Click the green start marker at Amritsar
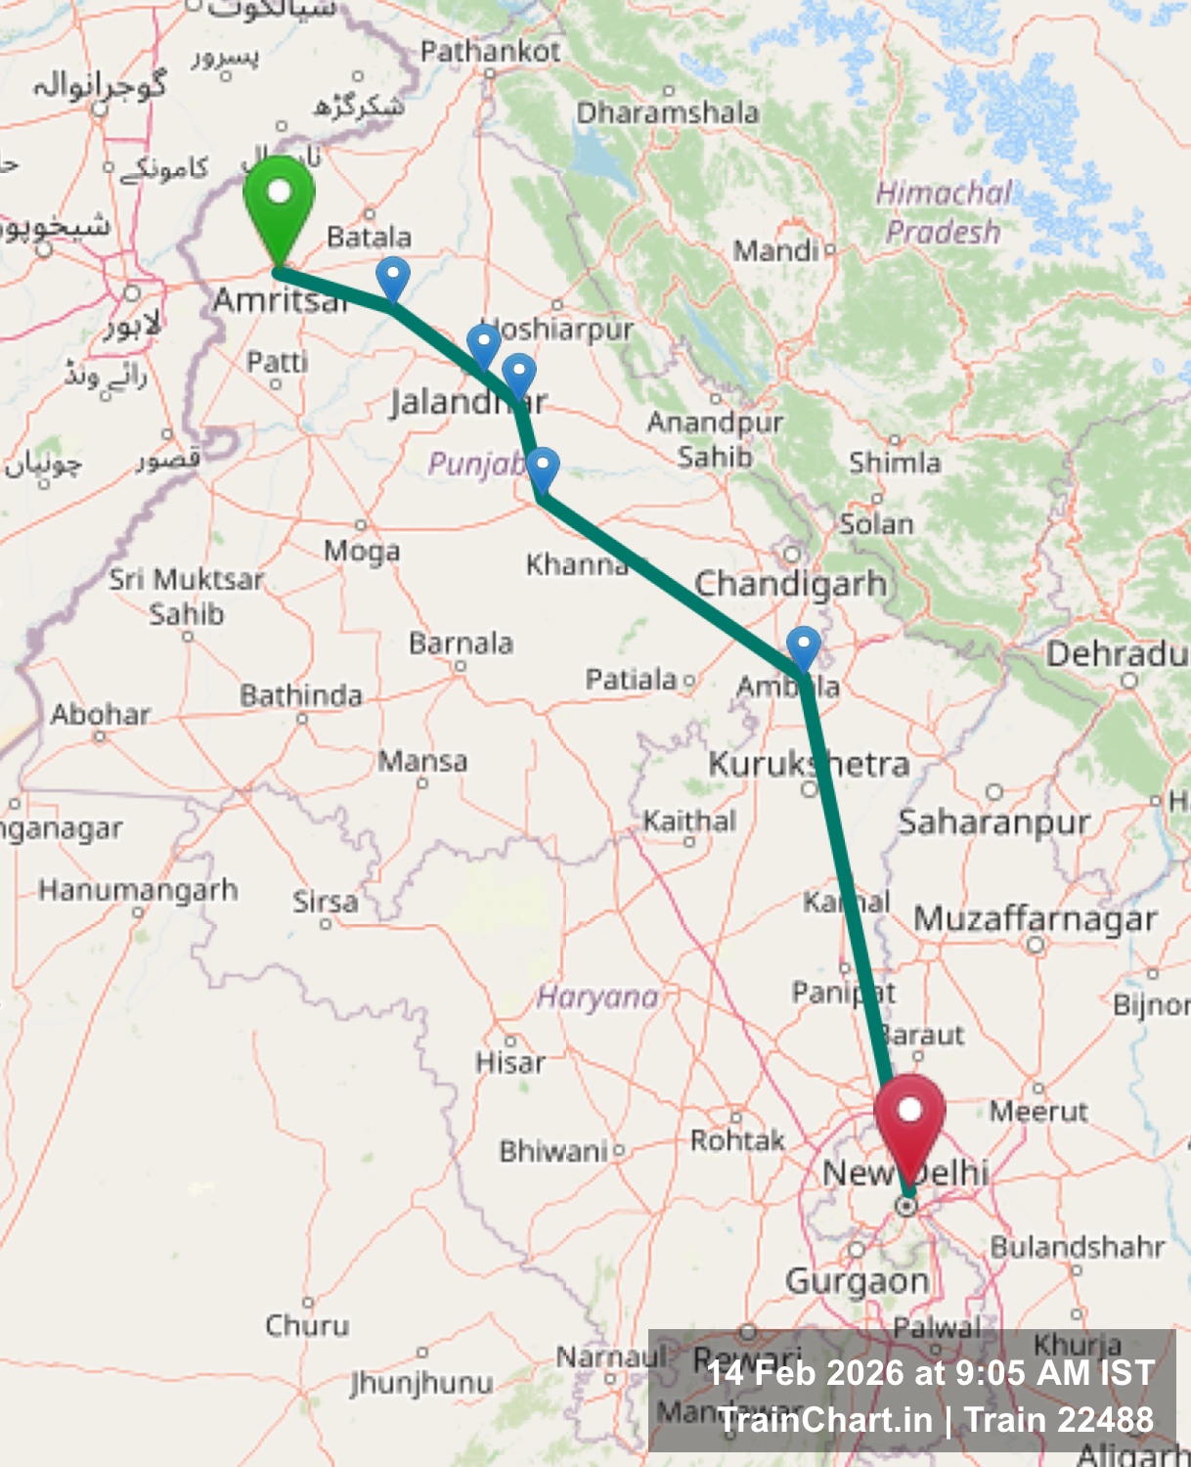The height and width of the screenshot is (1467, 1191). click(279, 200)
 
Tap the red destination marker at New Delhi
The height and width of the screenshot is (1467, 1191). click(909, 1120)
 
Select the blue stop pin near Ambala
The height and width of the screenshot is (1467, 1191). click(803, 647)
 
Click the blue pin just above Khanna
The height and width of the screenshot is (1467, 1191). click(543, 468)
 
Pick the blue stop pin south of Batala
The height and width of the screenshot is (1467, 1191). click(392, 278)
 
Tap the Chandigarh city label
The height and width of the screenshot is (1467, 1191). click(790, 584)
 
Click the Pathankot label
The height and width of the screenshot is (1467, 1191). click(490, 51)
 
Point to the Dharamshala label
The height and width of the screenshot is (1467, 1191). click(667, 112)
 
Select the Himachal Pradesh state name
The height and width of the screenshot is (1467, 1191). click(942, 212)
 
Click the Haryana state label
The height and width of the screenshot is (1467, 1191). click(597, 997)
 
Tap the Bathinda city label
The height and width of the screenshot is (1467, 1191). click(301, 695)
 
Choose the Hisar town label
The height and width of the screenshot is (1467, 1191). click(509, 1062)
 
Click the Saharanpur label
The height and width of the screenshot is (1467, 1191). click(993, 822)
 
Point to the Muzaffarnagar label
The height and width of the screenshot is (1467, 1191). click(1035, 918)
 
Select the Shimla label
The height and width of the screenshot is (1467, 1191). click(894, 462)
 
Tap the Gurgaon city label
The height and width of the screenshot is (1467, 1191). click(857, 1280)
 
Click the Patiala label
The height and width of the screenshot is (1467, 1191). click(631, 679)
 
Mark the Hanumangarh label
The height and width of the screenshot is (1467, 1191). click(138, 890)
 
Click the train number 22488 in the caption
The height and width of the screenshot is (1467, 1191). click(1107, 1419)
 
